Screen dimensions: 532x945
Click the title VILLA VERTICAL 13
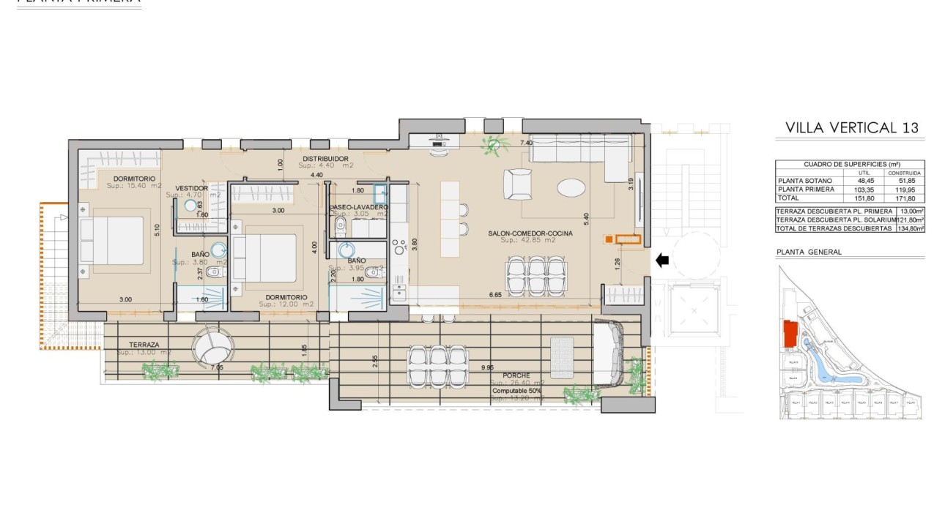(851, 127)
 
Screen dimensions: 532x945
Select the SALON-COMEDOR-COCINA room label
(530, 233)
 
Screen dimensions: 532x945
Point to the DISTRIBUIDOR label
(325, 159)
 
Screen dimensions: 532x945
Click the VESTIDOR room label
(192, 188)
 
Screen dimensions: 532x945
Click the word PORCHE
(516, 375)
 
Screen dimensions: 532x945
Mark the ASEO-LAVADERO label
(359, 207)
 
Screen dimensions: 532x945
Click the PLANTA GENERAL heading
(809, 252)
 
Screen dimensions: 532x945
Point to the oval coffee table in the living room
(571, 188)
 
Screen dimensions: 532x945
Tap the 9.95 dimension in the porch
(488, 367)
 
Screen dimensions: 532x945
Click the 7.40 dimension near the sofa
(525, 143)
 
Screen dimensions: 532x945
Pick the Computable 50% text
(516, 391)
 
